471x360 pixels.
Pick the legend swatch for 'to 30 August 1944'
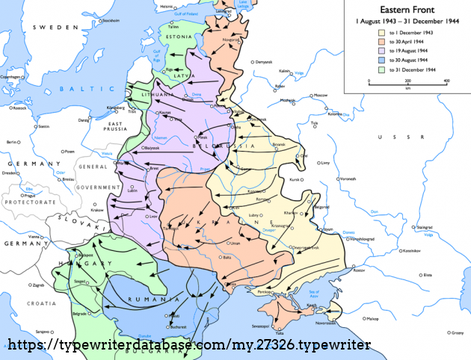click(x=381, y=59)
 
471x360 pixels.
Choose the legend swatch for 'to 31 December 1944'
click(x=381, y=68)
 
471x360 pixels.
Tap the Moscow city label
click(x=321, y=96)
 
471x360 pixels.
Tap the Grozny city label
click(x=458, y=332)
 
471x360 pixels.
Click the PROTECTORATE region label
click(x=30, y=202)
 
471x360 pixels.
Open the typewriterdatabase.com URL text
click(x=189, y=346)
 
